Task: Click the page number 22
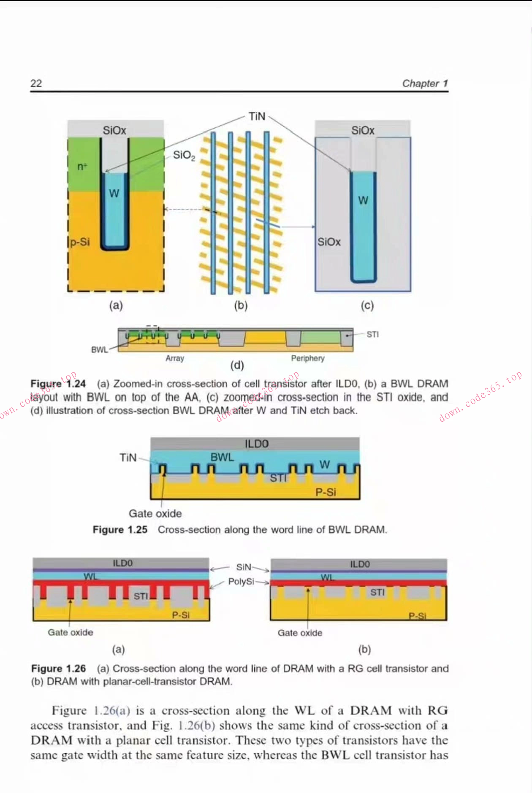pos(36,83)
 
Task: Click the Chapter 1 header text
pos(424,83)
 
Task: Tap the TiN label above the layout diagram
pos(257,116)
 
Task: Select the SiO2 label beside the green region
pos(184,155)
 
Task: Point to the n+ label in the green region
pos(82,166)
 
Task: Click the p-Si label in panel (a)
pos(80,242)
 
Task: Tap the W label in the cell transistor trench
pos(114,194)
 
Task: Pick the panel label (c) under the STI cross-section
pos(367,305)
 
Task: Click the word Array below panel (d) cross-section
pos(175,358)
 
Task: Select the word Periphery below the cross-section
pos(307,358)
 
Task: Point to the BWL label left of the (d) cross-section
pos(99,350)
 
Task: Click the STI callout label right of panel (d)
pos(372,334)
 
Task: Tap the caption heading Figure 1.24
pos(58,384)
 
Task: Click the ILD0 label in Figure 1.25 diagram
pos(256,444)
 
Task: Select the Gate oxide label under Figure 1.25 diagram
pos(155,513)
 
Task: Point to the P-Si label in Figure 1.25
pos(326,492)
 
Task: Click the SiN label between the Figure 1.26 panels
pos(244,567)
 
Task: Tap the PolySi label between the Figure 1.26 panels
pos(241,581)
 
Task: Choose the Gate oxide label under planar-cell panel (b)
pos(300,633)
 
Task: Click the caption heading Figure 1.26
pos(58,669)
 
